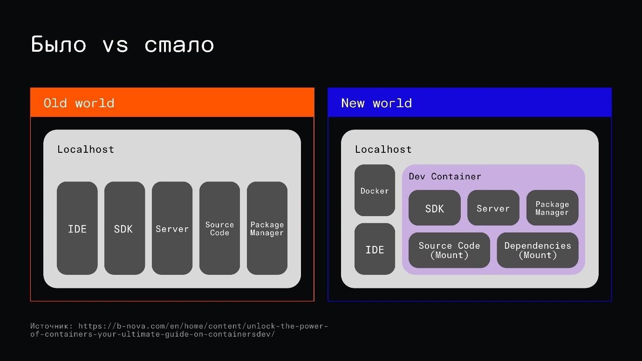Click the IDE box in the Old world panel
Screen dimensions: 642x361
[77, 228]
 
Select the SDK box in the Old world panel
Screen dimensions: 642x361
[125, 228]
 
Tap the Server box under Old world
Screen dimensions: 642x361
[172, 228]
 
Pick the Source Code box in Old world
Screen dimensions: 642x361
[219, 228]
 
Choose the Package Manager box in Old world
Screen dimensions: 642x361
[267, 228]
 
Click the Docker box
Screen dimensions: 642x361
[375, 190]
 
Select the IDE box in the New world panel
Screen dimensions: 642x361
[375, 249]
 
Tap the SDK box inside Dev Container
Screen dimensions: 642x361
[435, 208]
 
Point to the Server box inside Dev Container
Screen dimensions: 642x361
[493, 208]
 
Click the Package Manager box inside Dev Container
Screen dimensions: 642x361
[552, 208]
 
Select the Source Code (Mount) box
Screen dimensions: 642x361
[449, 250]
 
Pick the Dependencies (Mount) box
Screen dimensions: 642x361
[538, 250]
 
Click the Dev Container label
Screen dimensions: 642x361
[445, 177]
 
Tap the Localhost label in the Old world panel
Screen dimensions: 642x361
[86, 149]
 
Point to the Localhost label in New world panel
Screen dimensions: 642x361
[383, 149]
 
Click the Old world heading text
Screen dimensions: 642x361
[79, 103]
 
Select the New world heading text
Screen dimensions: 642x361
[376, 103]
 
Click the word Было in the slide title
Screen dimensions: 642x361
[58, 44]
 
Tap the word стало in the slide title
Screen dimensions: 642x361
[179, 46]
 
